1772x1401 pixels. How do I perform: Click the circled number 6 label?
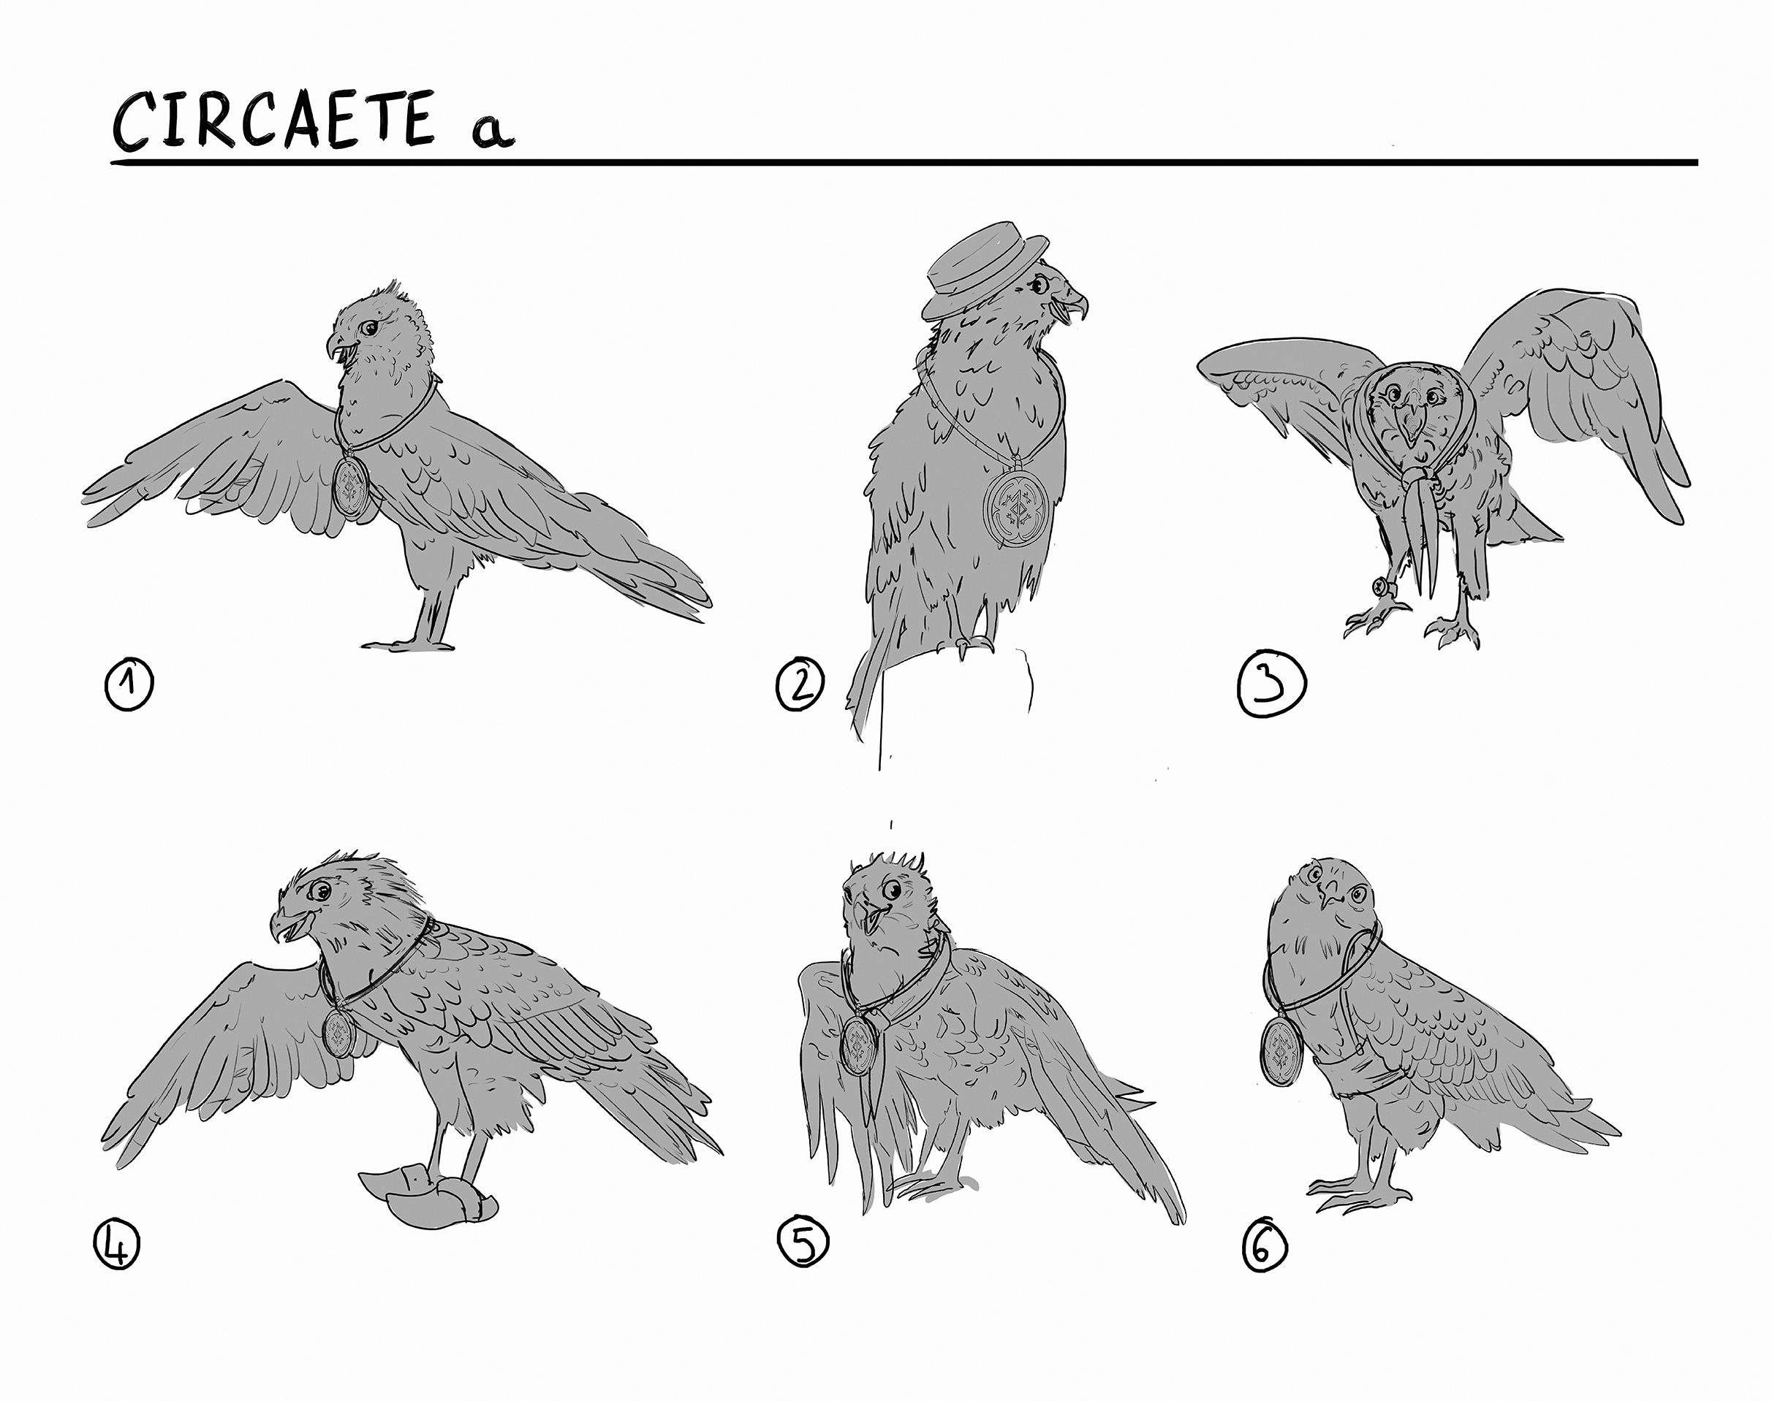tap(1264, 1248)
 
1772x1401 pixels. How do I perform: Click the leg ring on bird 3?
tap(1380, 587)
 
